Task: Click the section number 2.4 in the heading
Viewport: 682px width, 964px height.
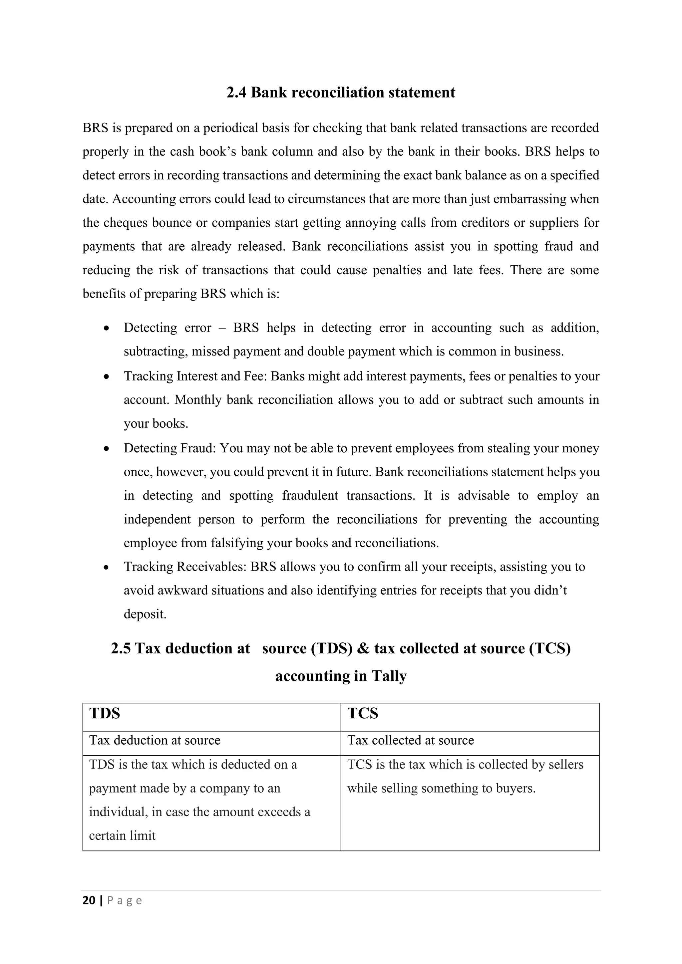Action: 236,92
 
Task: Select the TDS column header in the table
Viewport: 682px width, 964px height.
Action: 105,713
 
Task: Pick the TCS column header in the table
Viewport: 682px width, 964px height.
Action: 363,713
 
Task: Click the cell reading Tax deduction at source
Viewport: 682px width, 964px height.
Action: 155,740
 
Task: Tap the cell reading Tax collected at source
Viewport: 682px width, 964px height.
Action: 410,740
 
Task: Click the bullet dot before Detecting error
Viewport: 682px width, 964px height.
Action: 108,328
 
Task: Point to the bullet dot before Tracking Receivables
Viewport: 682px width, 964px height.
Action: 108,568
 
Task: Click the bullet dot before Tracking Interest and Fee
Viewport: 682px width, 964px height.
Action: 108,376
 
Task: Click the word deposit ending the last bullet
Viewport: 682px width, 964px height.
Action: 145,614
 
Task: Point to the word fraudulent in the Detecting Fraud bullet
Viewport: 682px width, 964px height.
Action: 310,496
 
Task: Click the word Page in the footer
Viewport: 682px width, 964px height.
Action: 125,901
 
